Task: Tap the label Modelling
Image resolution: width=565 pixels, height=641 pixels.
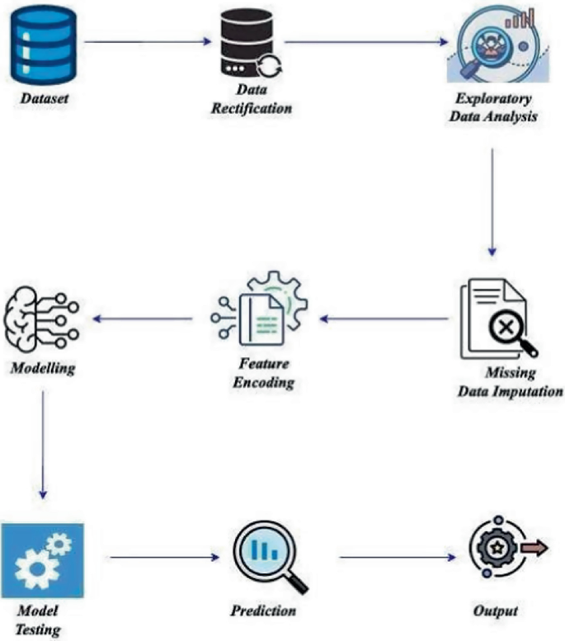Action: click(43, 367)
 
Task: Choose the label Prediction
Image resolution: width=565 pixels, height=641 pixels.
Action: click(264, 611)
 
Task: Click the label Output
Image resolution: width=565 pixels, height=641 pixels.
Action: click(496, 611)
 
